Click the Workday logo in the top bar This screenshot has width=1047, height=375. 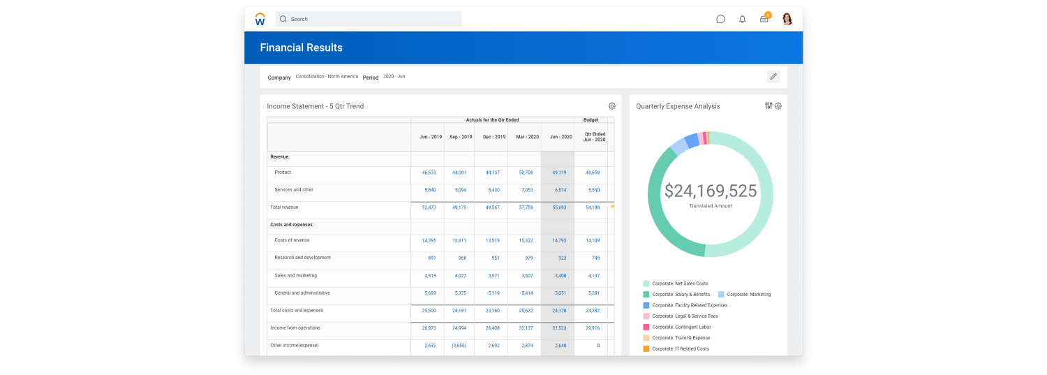click(260, 20)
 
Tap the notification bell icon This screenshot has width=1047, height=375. click(742, 19)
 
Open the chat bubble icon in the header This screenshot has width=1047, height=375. click(720, 19)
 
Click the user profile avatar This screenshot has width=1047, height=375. click(787, 19)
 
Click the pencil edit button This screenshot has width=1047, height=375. click(773, 76)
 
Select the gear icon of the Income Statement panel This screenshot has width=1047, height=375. click(612, 106)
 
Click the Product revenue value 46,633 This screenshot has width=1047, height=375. click(429, 172)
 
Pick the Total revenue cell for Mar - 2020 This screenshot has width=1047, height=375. click(526, 207)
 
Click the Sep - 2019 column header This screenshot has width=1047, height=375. click(461, 137)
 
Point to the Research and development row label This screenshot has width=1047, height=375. click(302, 258)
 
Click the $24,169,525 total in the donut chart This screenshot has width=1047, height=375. click(710, 191)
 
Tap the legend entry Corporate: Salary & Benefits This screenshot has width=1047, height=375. click(681, 295)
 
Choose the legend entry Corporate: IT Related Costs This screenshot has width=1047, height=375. click(680, 348)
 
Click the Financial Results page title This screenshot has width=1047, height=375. click(301, 47)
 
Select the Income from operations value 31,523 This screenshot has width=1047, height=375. click(559, 328)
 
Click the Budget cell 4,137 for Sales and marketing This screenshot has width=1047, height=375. click(593, 276)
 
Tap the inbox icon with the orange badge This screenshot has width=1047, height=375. click(764, 19)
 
